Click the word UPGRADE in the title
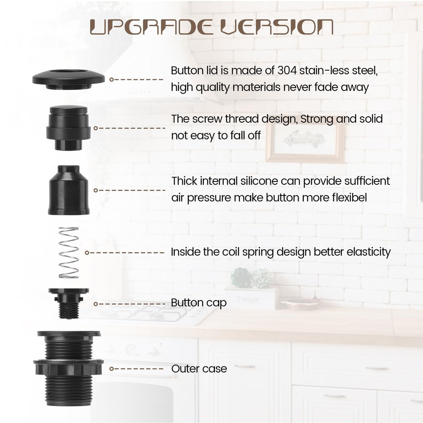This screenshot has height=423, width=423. tap(151, 27)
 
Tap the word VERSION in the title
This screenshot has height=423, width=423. tap(277, 27)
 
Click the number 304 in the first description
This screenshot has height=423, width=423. tap(287, 71)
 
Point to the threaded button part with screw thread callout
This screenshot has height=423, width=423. tap(69, 128)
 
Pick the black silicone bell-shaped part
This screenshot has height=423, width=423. tap(69, 190)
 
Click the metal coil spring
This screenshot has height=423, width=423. tap(69, 253)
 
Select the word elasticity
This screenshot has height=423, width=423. tap(368, 252)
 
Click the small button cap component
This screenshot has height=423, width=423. tap(69, 303)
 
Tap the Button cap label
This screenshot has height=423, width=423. tap(198, 303)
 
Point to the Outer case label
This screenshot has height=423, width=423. tap(199, 369)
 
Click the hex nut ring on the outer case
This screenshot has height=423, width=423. tap(69, 367)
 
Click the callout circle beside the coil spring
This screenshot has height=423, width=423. tap(87, 253)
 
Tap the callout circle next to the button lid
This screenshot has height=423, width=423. tap(112, 80)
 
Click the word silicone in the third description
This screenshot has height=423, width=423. tap(259, 181)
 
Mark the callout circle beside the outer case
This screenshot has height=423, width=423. tap(112, 369)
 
